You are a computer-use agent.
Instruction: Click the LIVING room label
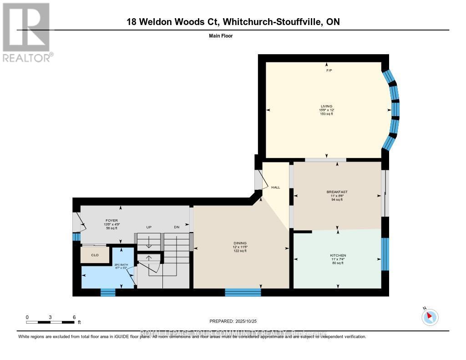pos(326,106)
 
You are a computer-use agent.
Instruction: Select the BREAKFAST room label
pos(337,192)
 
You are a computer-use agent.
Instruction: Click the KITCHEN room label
pos(338,255)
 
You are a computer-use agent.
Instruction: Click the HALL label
pos(275,188)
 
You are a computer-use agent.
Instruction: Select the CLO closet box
pos(95,255)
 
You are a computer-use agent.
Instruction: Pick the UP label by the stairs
pos(148,227)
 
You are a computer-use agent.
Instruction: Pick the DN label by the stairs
pos(177,227)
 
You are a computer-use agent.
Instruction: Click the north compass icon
pos(430,317)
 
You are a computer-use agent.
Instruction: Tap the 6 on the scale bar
pos(74,317)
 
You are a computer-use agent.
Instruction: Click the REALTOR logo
pos(26,32)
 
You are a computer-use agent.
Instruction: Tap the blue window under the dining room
pos(243,292)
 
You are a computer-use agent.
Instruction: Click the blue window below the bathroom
pos(108,292)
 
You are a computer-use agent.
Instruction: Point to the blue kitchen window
pos(385,254)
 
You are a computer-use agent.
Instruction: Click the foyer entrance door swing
pos(80,222)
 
